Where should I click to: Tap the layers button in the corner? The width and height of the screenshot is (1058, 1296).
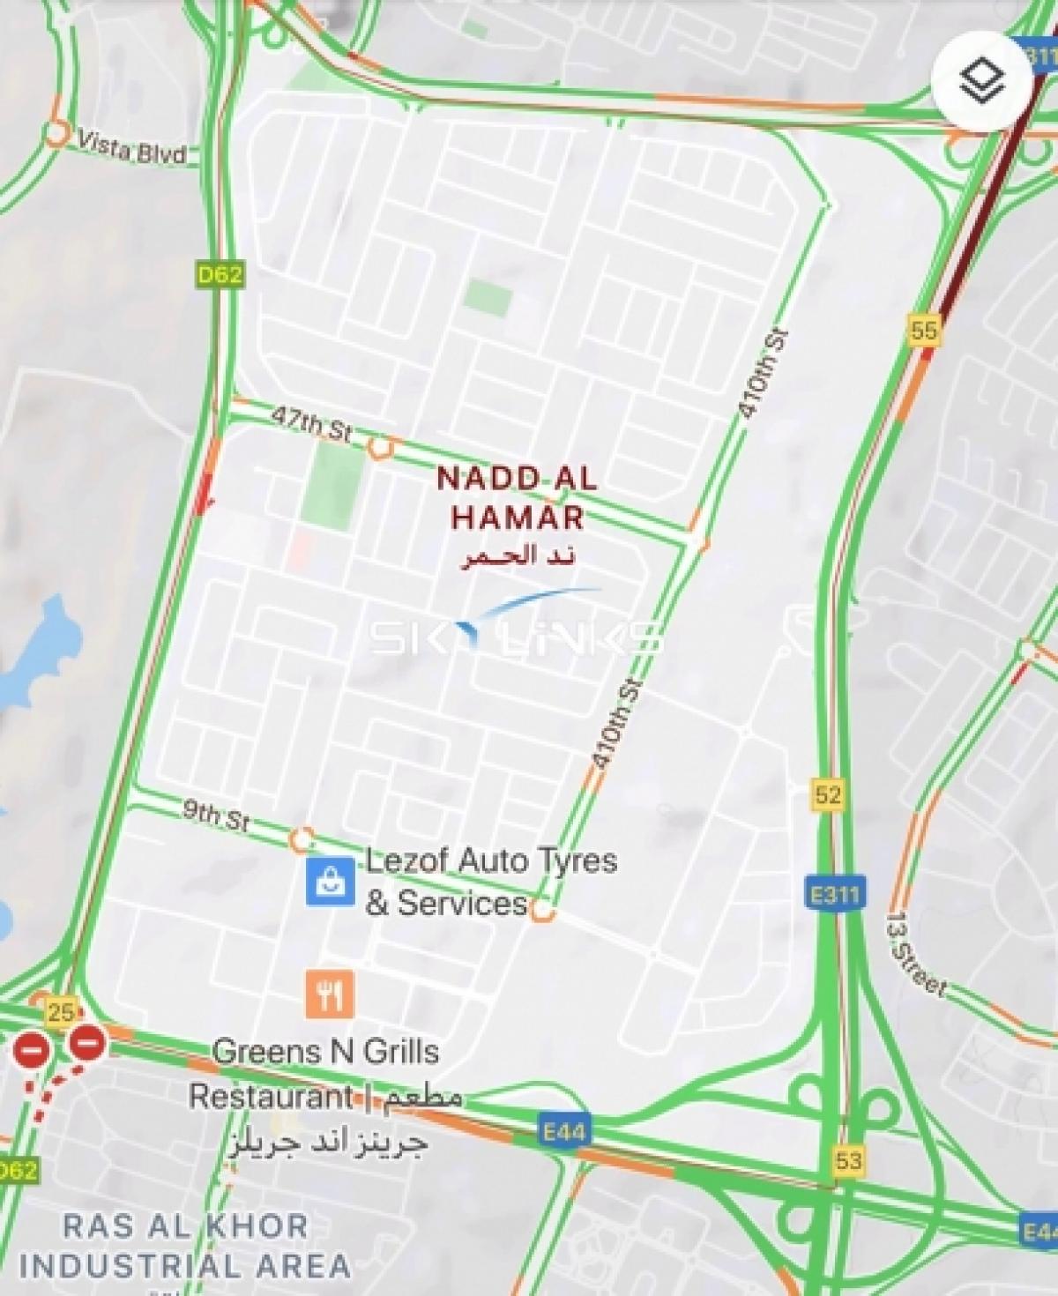point(981,84)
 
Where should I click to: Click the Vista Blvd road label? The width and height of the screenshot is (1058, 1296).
point(132,148)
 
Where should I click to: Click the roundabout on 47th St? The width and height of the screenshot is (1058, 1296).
point(380,448)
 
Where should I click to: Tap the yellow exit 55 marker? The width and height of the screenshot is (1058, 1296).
point(924,331)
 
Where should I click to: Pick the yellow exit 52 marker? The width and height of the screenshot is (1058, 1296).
point(827,795)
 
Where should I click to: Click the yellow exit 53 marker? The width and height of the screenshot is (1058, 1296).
point(848,1159)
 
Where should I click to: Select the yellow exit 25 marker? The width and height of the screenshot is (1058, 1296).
point(60,1012)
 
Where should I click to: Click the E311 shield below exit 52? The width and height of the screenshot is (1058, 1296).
point(833,895)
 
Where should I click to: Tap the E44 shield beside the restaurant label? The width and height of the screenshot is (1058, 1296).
point(563,1131)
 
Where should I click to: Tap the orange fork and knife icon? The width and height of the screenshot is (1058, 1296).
point(330,994)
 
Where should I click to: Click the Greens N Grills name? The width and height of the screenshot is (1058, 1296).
point(325,1052)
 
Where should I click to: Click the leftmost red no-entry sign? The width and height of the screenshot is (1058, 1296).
point(31,1049)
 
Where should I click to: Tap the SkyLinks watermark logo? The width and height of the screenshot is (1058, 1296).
point(516,630)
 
